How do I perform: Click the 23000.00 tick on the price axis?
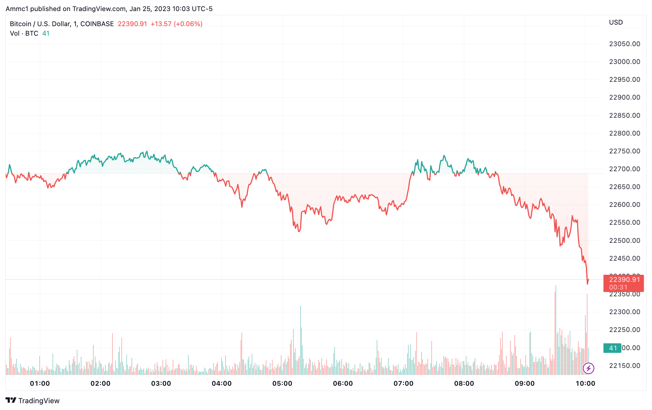624,62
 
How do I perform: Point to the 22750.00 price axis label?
624,151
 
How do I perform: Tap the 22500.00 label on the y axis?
624,241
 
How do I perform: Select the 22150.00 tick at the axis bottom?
624,366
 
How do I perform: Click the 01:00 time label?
40,384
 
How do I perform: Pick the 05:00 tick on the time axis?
282,384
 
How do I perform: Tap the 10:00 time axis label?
585,384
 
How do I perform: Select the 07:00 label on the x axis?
403,384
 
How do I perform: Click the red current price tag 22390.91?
624,280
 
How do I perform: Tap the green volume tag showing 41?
613,348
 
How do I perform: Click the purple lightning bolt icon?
588,368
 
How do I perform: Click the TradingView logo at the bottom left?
33,400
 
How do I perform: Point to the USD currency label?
616,22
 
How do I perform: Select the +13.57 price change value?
161,24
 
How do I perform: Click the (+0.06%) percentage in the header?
188,24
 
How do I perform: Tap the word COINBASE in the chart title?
97,24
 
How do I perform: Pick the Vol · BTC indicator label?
24,34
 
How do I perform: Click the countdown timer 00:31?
618,287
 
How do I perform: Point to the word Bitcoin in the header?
21,24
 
